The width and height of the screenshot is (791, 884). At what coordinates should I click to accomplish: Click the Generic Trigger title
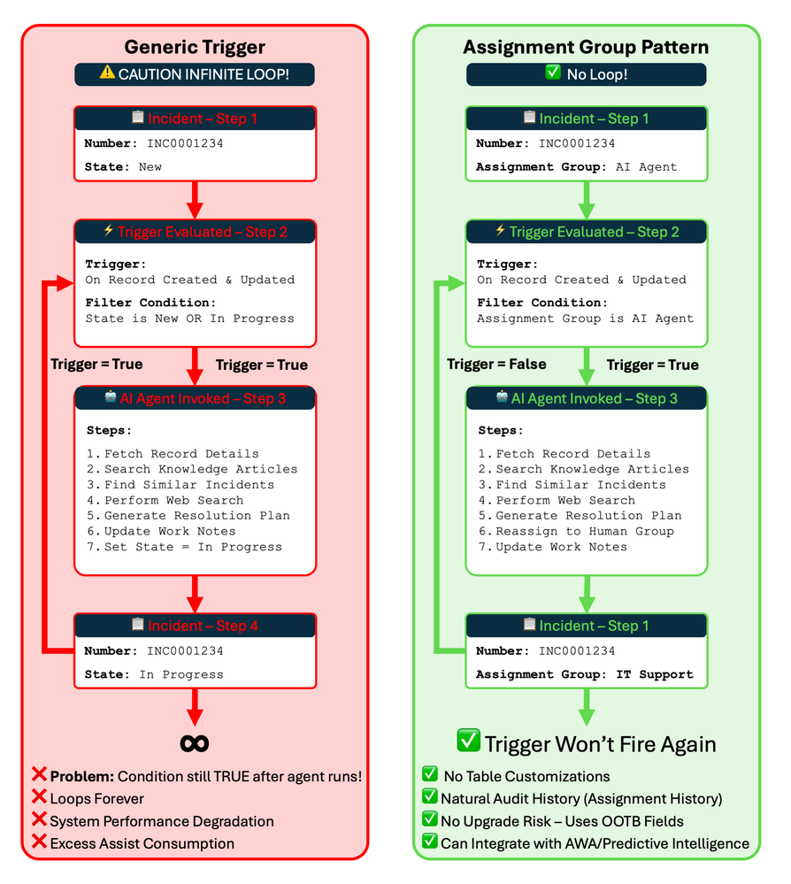coord(195,47)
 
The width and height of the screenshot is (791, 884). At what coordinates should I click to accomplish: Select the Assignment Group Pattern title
coord(586,47)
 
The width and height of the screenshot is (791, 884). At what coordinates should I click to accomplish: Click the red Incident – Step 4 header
coord(203,626)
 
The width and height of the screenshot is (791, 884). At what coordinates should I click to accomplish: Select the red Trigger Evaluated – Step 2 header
coord(203,232)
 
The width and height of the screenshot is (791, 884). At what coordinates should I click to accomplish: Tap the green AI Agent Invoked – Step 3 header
coord(594,398)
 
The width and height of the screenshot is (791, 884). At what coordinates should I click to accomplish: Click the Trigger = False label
coord(496,365)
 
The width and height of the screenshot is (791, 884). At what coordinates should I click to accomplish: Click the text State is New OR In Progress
coord(189,319)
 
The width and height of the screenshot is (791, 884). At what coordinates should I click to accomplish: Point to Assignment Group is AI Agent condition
coord(585,319)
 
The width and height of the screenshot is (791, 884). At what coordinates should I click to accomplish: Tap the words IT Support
coord(655,674)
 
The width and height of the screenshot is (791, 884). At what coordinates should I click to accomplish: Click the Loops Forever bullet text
coord(96,799)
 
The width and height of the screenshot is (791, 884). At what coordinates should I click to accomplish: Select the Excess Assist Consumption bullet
coord(142,843)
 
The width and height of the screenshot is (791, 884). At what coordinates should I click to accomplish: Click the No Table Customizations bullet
coord(526,776)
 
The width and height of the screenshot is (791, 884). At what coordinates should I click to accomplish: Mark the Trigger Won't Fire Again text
coord(601,743)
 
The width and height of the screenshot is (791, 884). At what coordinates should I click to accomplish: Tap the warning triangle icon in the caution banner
coord(107,73)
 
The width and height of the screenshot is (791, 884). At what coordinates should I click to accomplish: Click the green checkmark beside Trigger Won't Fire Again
coord(468,742)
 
